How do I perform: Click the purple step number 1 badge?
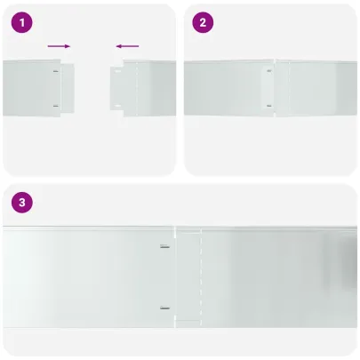tap(22, 22)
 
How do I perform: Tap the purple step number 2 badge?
tap(203, 22)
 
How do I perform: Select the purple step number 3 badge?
tap(22, 203)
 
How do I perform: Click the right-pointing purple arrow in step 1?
tap(59, 46)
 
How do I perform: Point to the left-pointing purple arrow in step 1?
tap(127, 46)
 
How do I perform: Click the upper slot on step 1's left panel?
tap(56, 71)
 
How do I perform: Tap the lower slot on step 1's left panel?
tap(56, 106)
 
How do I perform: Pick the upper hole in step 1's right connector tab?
tap(117, 71)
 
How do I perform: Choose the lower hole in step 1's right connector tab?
tap(117, 106)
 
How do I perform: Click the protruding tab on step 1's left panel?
tap(68, 88)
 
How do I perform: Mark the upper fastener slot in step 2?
tap(269, 71)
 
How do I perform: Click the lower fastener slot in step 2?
tap(269, 106)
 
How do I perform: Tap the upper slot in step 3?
tap(165, 246)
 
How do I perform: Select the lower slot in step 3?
tap(165, 308)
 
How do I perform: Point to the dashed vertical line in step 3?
tap(201, 277)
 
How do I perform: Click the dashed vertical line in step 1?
tap(137, 88)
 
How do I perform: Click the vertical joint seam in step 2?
tap(275, 88)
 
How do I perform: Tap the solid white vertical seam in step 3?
tap(175, 277)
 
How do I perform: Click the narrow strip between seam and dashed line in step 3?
tap(188, 277)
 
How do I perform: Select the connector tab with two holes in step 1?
tap(116, 88)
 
